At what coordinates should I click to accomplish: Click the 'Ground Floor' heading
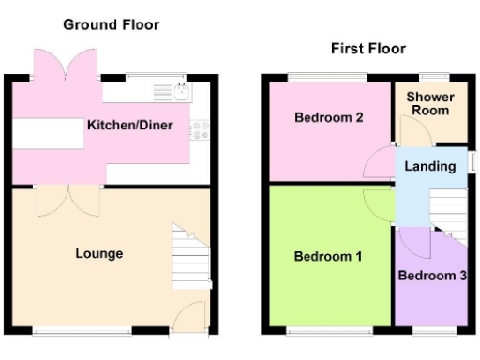[x=111, y=24]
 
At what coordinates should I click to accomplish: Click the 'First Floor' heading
[x=367, y=48]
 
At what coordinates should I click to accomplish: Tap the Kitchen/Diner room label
[x=129, y=125]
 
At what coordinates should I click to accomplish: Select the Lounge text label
[x=99, y=253]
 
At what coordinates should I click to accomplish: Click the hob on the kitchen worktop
[x=200, y=129]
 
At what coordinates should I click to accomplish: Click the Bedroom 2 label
[x=328, y=118]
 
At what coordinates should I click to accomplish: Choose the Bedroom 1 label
[x=327, y=256]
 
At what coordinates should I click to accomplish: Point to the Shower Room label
[x=430, y=103]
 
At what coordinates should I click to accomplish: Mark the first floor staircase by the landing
[x=447, y=214]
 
